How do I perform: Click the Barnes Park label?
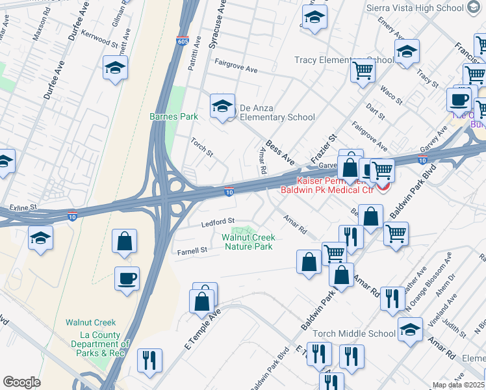tap(173, 116)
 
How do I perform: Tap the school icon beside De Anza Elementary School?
tap(222, 107)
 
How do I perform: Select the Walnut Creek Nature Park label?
tap(248, 242)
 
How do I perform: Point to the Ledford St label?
tap(217, 222)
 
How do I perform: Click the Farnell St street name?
tap(192, 250)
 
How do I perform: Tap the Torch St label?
tap(201, 147)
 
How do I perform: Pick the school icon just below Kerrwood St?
tap(114, 68)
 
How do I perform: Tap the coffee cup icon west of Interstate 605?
tap(127, 279)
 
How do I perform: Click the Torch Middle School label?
tap(353, 333)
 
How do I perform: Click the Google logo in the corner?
tap(21, 382)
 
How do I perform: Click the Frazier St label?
tap(325, 148)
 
